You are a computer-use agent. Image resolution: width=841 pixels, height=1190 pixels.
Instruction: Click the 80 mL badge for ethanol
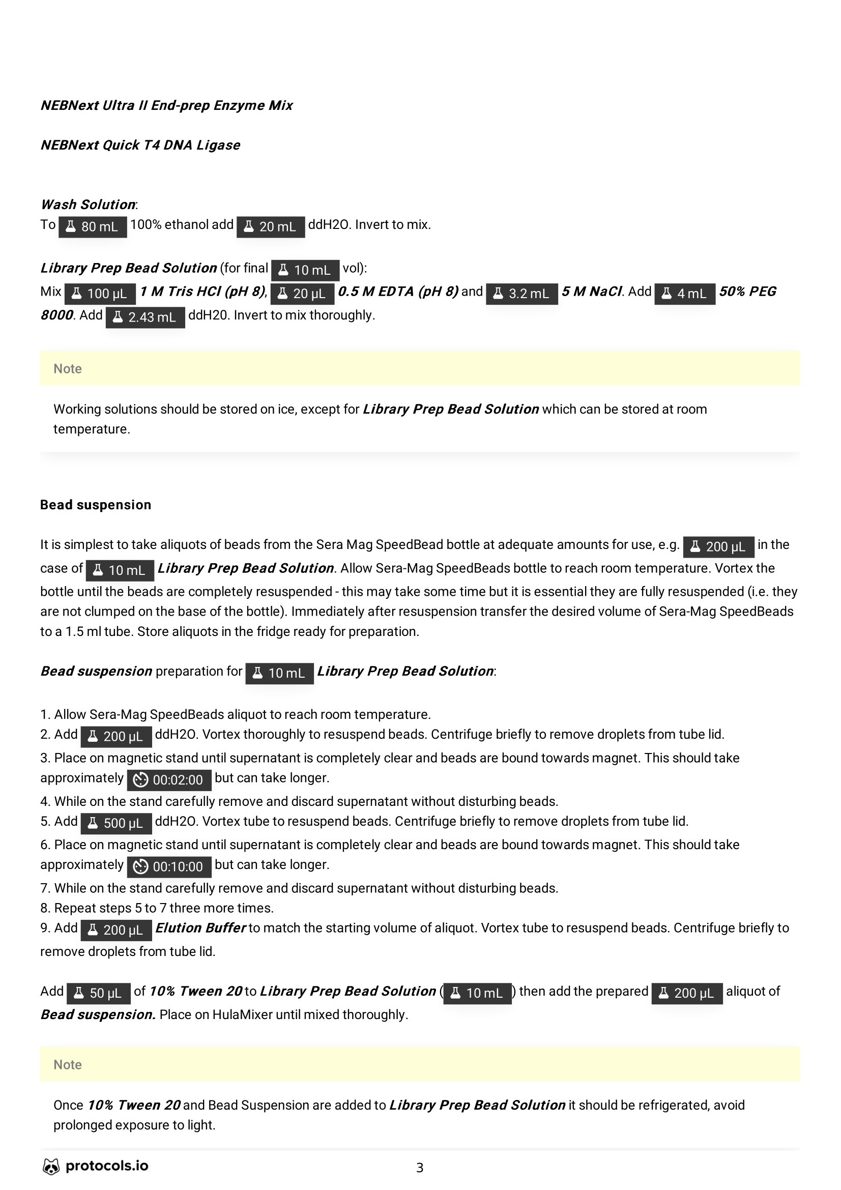click(x=93, y=226)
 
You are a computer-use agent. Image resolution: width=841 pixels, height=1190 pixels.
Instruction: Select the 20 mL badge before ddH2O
click(x=271, y=226)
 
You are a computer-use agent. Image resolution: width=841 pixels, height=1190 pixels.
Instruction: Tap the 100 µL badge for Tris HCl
click(x=100, y=294)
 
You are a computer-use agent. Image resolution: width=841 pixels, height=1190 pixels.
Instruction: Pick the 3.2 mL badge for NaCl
click(x=522, y=294)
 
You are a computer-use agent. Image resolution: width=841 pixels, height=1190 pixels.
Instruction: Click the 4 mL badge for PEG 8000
click(x=684, y=294)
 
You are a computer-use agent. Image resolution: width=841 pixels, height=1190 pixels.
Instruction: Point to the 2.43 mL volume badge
click(x=145, y=317)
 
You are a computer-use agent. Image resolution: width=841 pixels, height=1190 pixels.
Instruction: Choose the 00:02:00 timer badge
click(x=169, y=780)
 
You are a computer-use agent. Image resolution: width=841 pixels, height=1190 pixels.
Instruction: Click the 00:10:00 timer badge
click(x=169, y=866)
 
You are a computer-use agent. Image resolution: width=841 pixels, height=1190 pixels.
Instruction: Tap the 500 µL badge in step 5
click(x=116, y=823)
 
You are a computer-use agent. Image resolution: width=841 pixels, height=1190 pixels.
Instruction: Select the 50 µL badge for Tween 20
click(x=99, y=993)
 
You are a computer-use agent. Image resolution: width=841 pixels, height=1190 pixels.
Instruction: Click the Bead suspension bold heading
click(x=96, y=505)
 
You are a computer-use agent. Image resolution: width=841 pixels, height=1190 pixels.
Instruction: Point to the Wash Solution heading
click(x=88, y=205)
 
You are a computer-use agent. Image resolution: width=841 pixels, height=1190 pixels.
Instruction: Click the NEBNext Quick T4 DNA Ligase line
click(x=140, y=145)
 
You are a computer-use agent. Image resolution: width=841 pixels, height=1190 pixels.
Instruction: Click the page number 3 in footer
click(x=420, y=1168)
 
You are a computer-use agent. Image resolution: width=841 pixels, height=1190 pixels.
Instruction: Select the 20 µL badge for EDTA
click(x=303, y=294)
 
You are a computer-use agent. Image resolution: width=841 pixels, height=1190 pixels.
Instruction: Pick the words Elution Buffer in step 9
click(x=200, y=928)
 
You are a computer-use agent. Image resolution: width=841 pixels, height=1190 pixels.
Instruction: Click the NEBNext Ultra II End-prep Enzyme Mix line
click(x=167, y=105)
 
